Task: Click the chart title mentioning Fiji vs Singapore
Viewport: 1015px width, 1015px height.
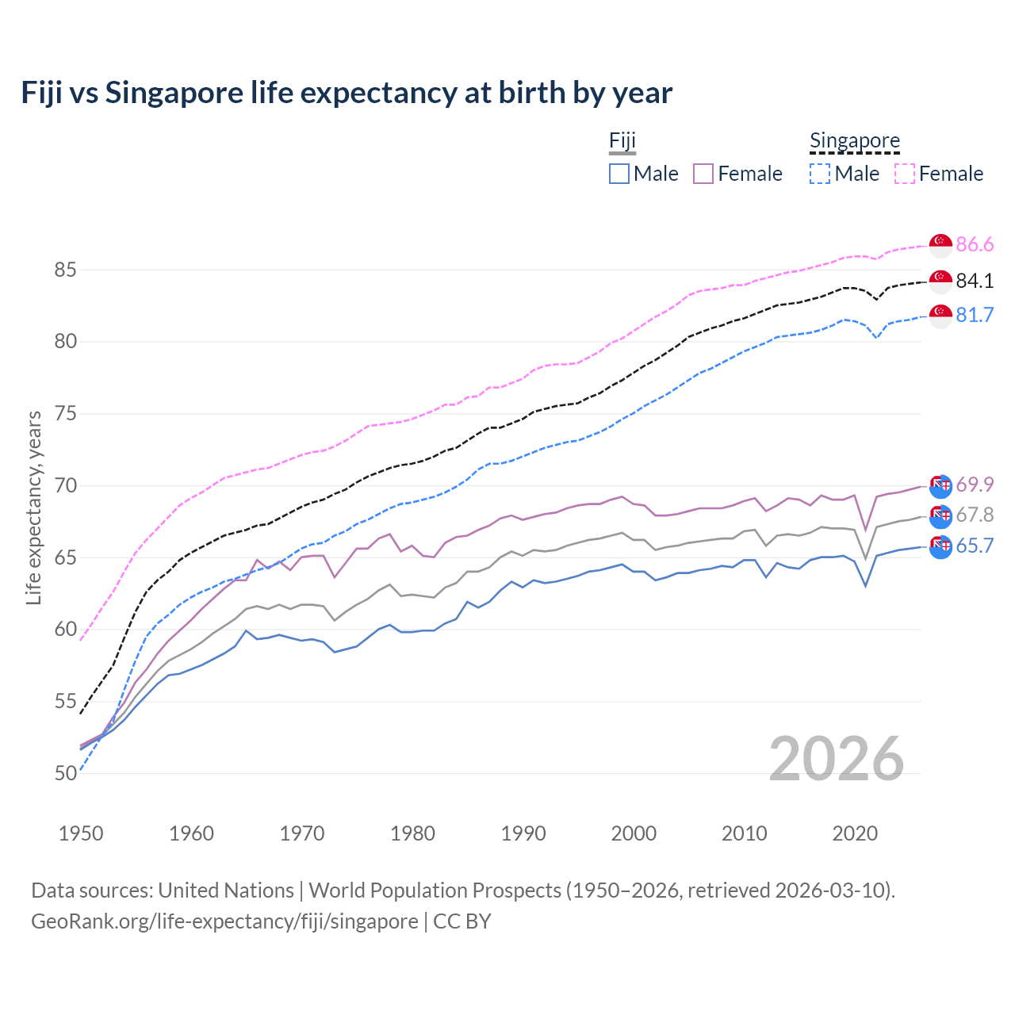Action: tap(347, 93)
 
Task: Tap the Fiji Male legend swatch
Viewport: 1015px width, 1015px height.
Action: tap(619, 174)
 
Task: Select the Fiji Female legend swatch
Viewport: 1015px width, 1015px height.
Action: tap(703, 174)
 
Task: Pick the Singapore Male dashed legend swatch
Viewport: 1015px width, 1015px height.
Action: tap(820, 174)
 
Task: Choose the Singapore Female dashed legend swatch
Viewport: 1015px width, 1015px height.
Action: tap(905, 174)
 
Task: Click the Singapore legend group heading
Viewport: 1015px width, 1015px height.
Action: tap(854, 141)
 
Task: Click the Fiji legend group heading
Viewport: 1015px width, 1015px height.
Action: tap(622, 141)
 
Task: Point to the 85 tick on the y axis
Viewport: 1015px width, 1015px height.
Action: tap(65, 270)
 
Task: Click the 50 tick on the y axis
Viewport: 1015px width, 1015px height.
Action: tap(65, 773)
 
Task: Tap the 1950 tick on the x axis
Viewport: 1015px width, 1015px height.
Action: tap(81, 833)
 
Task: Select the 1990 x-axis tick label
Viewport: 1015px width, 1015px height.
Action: tap(523, 833)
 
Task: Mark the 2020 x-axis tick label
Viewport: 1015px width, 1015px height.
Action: tap(855, 833)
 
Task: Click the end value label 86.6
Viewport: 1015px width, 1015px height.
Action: tap(975, 245)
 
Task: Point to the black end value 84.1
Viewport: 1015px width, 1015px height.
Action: tap(975, 281)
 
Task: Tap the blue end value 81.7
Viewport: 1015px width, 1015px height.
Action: tap(975, 316)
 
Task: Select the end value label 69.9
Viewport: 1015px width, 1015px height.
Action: tap(975, 485)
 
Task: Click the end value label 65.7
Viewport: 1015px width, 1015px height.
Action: tap(975, 546)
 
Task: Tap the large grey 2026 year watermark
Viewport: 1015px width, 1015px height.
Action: tap(836, 759)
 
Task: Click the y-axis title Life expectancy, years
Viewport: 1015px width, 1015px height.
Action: tap(34, 507)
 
